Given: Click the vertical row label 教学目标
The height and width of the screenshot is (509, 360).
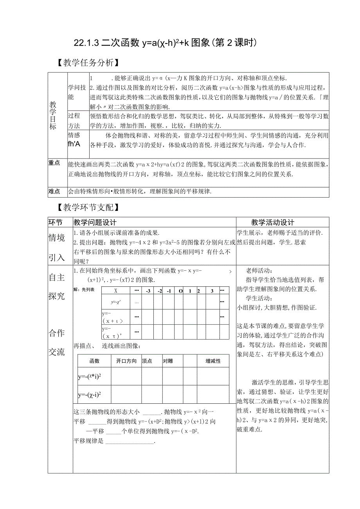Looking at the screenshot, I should pos(53,115).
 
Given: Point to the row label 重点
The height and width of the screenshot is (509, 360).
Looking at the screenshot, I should pos(54,163).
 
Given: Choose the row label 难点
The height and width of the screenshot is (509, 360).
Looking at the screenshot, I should pos(54,191).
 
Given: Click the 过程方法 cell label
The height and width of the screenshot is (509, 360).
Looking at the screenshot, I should pos(74,121).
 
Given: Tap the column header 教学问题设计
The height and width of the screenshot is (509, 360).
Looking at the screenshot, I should pos(95,222).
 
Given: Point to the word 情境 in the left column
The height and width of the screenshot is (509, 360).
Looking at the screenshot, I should pos(56,238).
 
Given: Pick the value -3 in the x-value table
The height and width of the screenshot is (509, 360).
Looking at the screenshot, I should pos(148,291).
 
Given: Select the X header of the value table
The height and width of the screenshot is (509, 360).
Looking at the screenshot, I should pos(116,291).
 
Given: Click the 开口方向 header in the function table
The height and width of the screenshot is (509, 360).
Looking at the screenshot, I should pos(126,361).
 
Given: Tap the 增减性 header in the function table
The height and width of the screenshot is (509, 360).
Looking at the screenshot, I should pos(213,361).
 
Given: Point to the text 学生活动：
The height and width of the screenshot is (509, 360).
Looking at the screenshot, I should pos(259,299).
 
